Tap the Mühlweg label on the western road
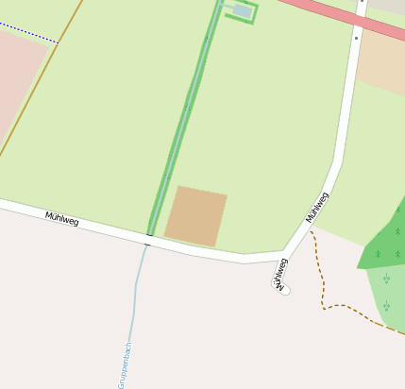point(62,218)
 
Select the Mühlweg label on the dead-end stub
point(279,272)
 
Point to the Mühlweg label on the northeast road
point(318,207)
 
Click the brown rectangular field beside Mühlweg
point(196,216)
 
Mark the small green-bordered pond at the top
point(242,11)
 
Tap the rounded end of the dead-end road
point(284,290)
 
